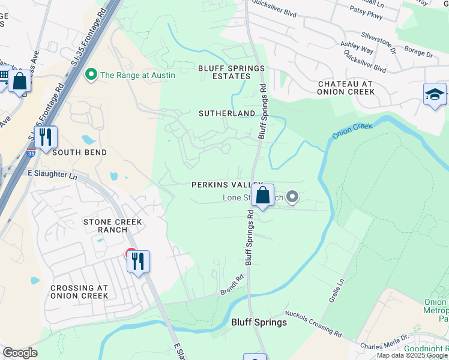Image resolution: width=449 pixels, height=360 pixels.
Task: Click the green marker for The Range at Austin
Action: tap(91, 75)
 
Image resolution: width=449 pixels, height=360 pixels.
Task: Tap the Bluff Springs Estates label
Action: tap(232, 73)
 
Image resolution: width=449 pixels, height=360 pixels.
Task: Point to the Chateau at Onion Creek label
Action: tap(346, 88)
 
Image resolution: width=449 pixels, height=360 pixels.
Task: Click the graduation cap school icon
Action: tap(435, 95)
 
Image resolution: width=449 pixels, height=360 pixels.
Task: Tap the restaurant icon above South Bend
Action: tap(46, 137)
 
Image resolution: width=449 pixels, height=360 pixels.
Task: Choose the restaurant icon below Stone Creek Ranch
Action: tap(138, 261)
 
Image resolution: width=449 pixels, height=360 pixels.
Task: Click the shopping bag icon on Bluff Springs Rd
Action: tap(262, 196)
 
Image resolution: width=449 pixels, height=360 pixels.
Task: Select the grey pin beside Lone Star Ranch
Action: tap(292, 196)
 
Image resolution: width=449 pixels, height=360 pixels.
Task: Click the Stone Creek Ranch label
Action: tap(113, 226)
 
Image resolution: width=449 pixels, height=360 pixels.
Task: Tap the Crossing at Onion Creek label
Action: tap(71, 292)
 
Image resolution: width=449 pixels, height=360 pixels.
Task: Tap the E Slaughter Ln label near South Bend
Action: tap(53, 174)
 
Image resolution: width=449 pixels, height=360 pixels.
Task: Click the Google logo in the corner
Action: tap(20, 353)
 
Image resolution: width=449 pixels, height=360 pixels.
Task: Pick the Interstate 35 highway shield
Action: tap(31, 154)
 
